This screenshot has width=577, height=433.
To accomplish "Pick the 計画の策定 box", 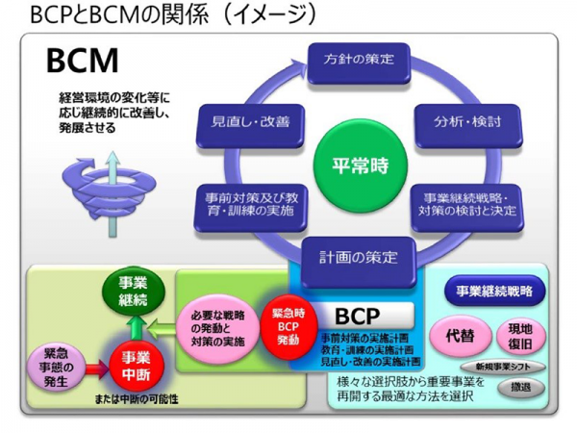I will [359, 257].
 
